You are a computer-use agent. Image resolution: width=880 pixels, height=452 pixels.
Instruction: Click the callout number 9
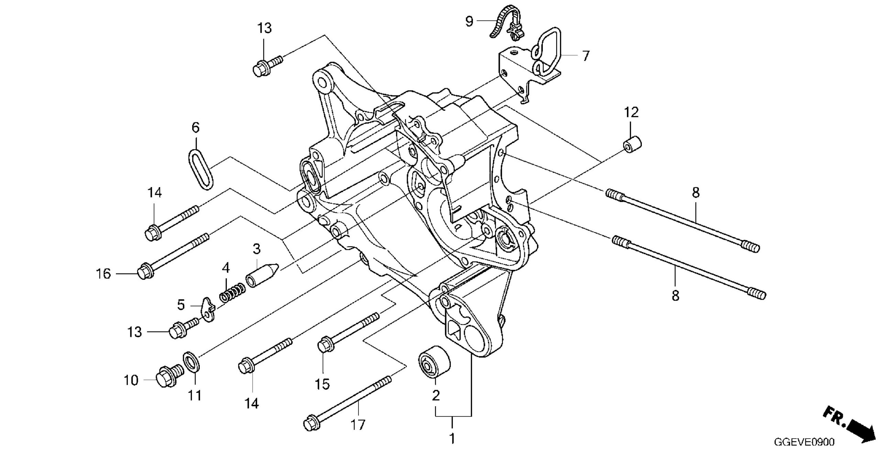coord(469,21)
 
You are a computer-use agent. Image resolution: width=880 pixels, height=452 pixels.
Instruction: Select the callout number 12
coord(631,112)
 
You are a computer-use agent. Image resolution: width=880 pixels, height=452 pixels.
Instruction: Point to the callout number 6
coord(195,128)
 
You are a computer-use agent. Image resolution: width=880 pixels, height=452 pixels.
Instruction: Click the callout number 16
coord(103,274)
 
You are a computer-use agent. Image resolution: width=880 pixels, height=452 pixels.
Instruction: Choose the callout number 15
coord(323,384)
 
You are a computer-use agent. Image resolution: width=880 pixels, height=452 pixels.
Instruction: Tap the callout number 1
coord(452,439)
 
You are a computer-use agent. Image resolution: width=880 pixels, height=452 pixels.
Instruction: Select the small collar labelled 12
coord(633,144)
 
